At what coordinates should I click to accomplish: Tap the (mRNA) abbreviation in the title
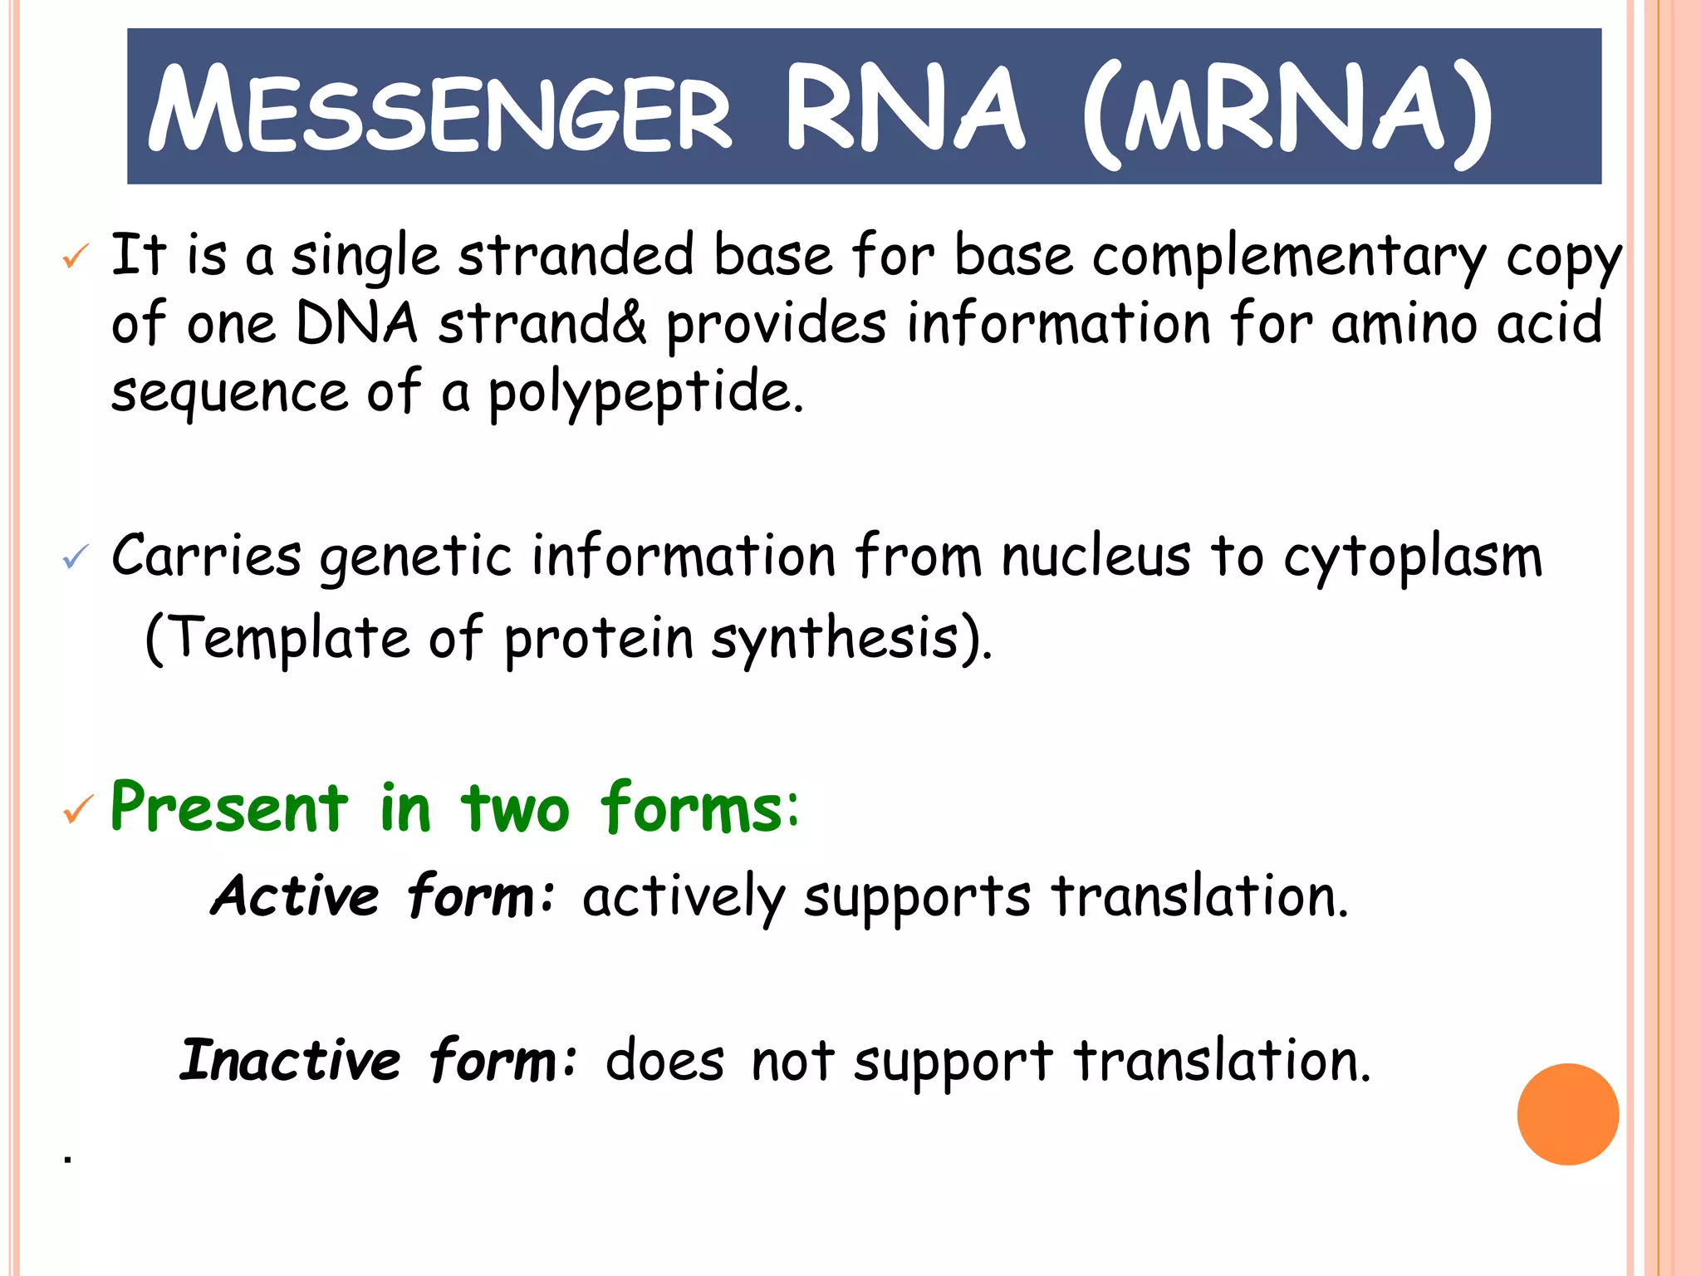pyautogui.click(x=1287, y=112)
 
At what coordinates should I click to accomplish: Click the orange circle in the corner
pyautogui.click(x=1567, y=1114)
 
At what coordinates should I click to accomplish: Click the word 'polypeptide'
pyautogui.click(x=645, y=392)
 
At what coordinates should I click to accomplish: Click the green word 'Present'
pyautogui.click(x=229, y=807)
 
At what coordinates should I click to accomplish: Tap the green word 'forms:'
pyautogui.click(x=699, y=807)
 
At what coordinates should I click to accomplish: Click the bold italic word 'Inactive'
pyautogui.click(x=290, y=1061)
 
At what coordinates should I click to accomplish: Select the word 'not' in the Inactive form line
pyautogui.click(x=792, y=1061)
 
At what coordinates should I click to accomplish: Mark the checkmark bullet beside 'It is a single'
pyautogui.click(x=76, y=257)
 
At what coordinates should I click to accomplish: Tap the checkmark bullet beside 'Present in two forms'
pyautogui.click(x=78, y=809)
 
